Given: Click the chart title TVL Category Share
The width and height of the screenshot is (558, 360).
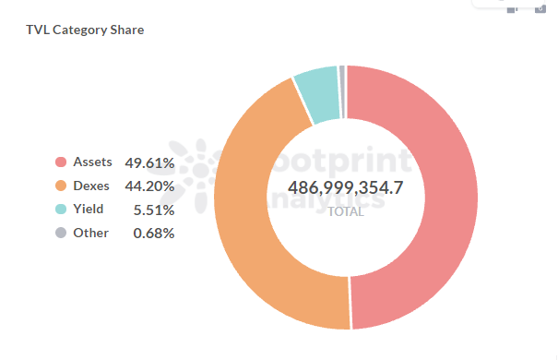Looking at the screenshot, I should tap(85, 30).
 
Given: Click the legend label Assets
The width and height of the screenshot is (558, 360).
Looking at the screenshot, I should tap(92, 162).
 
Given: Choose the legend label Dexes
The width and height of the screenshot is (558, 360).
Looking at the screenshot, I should tap(91, 186).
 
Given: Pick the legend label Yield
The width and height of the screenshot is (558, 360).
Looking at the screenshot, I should tap(89, 210).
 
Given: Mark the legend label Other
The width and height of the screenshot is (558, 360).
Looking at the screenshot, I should tap(90, 233).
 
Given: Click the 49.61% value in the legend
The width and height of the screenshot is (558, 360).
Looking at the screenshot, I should tap(149, 162).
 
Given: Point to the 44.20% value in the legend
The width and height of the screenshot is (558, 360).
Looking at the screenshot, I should tap(149, 186).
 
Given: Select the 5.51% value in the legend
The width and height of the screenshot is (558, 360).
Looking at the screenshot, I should tap(153, 210).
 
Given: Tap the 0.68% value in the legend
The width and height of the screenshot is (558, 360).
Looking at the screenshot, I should tap(153, 233).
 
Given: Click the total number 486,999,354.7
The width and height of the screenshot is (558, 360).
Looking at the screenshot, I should tap(346, 187).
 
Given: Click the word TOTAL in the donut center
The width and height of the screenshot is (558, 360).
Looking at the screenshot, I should tap(346, 210).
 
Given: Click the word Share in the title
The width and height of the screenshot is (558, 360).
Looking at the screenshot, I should tap(126, 30).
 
